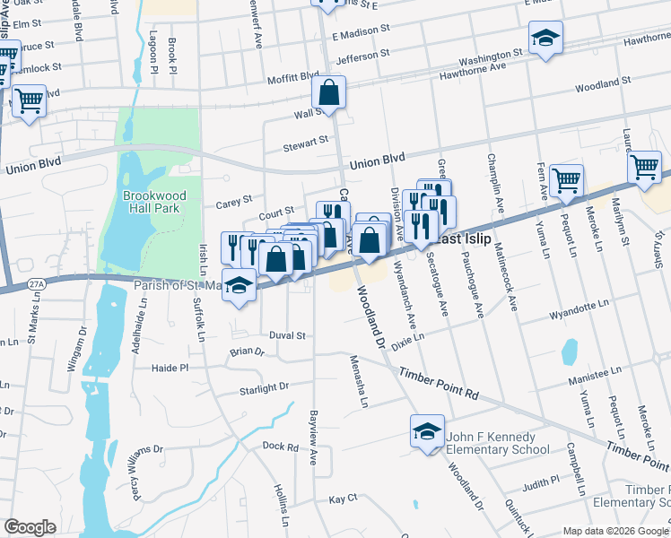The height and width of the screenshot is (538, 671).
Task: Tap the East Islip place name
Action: [461, 240]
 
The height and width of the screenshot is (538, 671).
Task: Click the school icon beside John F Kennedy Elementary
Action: [428, 431]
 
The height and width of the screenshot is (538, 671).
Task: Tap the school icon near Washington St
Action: [545, 39]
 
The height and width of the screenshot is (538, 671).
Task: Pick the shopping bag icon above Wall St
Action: [329, 92]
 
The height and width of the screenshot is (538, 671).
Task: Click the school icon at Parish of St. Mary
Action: [239, 285]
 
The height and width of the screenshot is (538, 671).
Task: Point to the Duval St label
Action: [288, 335]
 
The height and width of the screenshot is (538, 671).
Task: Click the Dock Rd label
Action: [280, 446]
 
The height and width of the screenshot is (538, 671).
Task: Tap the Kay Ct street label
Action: [343, 498]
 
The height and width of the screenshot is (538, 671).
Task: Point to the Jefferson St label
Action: [363, 56]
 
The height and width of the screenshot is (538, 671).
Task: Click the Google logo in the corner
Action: [30, 527]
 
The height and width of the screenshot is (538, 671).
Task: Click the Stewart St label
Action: [306, 143]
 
